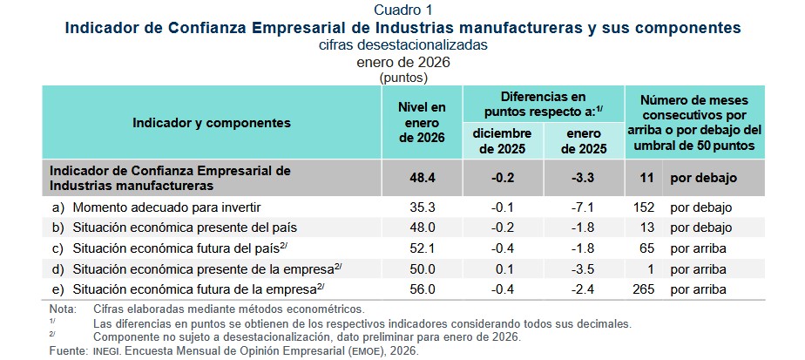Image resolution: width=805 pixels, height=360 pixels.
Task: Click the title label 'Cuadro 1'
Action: click(x=402, y=10)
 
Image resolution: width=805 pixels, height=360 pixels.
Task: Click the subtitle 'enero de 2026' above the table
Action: click(x=402, y=62)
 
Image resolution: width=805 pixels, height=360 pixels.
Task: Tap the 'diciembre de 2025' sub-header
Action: click(x=502, y=140)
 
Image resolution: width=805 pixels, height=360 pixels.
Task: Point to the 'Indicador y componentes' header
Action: click(x=212, y=124)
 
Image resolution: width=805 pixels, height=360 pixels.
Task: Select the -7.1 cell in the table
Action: click(x=585, y=207)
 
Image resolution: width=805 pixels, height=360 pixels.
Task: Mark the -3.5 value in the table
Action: click(x=585, y=268)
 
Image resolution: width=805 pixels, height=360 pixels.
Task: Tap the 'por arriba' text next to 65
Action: click(x=699, y=248)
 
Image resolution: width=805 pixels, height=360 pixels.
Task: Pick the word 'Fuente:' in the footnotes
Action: click(x=66, y=350)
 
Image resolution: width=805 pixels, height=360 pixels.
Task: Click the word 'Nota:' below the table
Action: click(x=63, y=309)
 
